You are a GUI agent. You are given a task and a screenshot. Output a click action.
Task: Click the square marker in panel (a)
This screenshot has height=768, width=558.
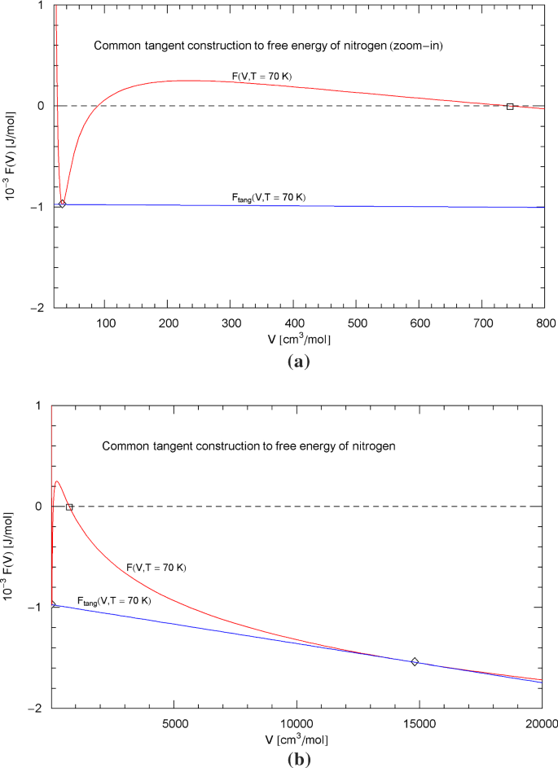(510, 107)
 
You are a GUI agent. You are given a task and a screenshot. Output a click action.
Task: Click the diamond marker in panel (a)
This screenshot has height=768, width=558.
(62, 204)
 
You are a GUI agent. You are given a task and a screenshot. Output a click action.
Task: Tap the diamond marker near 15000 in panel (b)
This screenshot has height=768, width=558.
(415, 662)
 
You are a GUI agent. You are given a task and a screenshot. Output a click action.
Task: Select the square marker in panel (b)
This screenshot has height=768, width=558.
(69, 507)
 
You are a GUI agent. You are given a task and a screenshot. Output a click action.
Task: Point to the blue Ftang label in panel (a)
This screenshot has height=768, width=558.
(269, 197)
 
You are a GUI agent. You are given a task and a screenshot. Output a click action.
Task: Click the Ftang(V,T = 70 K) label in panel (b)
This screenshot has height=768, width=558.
(114, 601)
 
